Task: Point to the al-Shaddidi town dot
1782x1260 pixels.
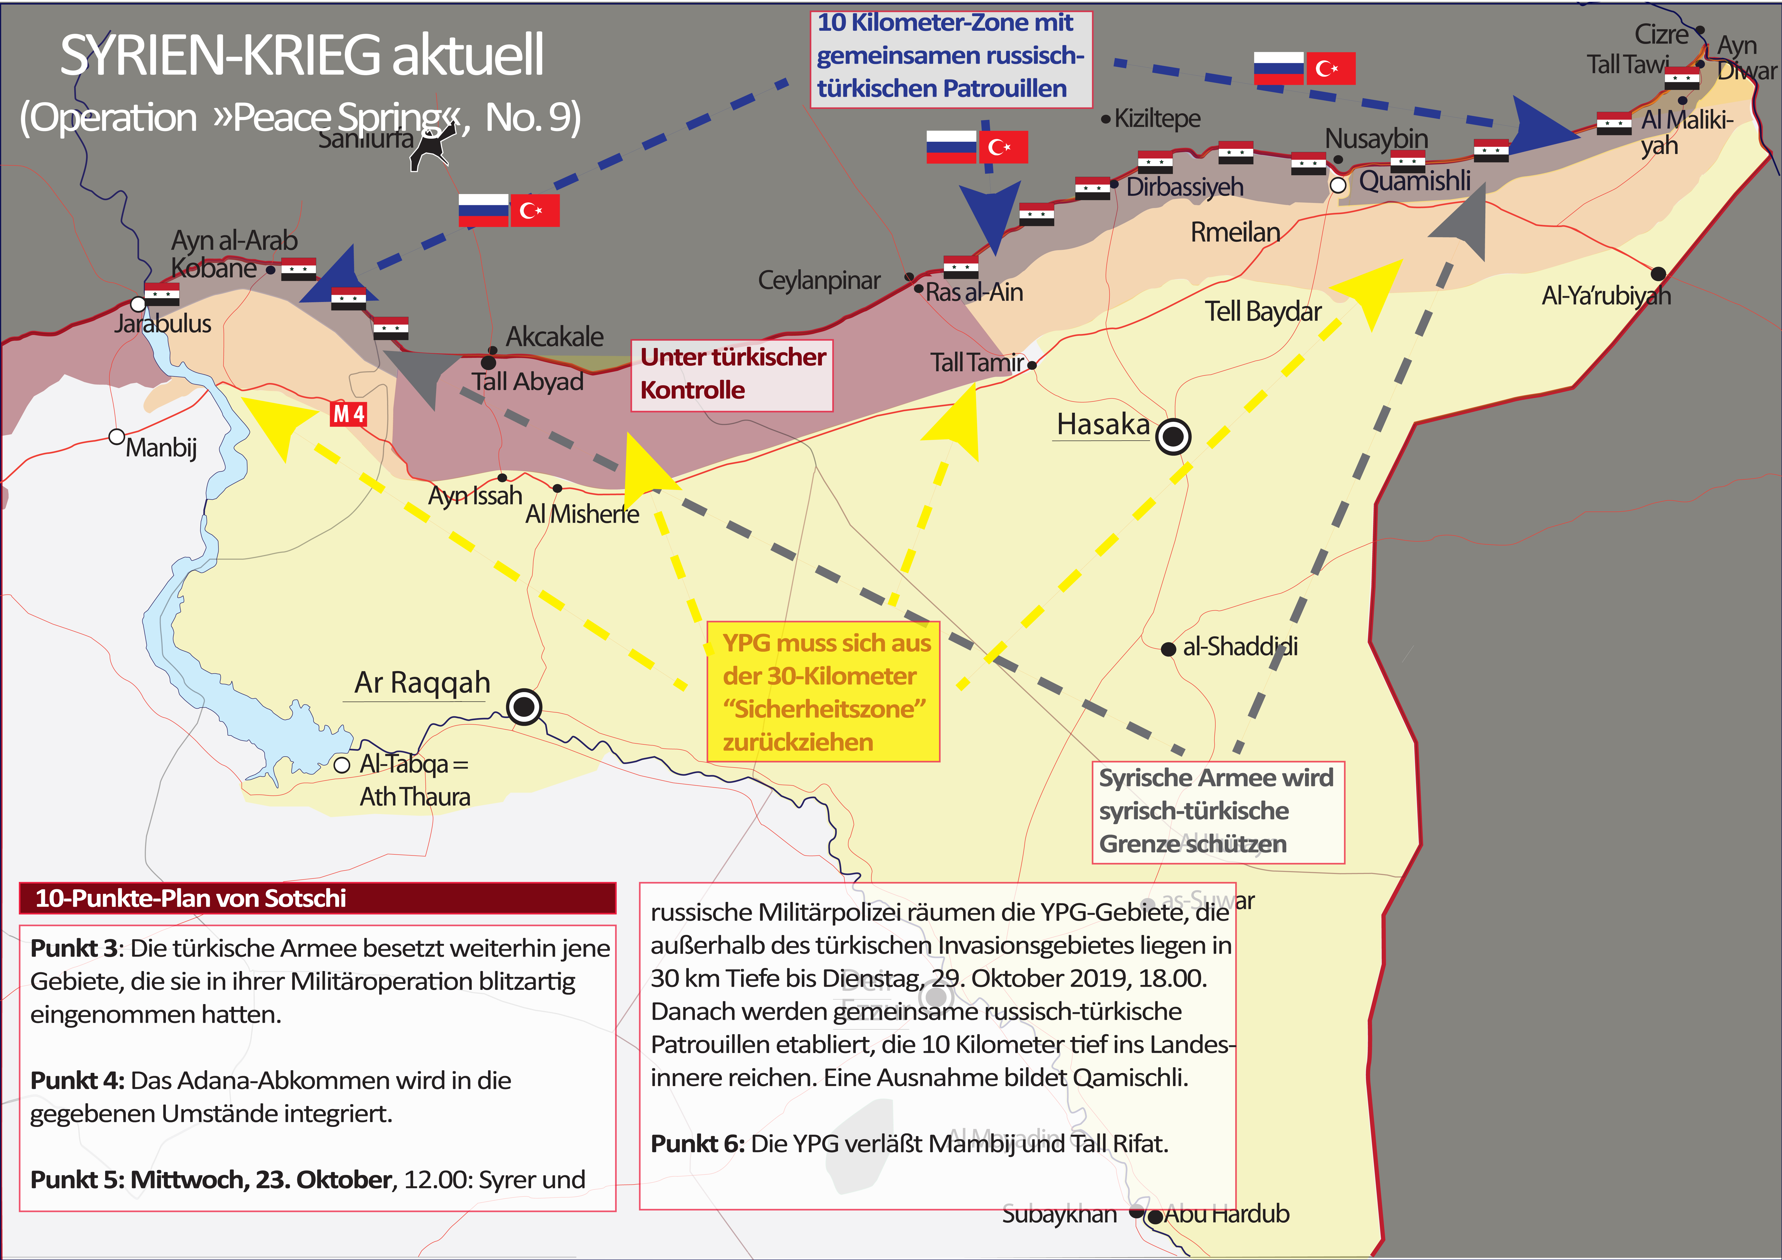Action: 1168,649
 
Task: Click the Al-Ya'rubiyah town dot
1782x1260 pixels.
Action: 1658,273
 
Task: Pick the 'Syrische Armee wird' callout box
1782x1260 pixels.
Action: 1217,811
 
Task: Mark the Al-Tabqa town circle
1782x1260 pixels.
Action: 342,765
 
